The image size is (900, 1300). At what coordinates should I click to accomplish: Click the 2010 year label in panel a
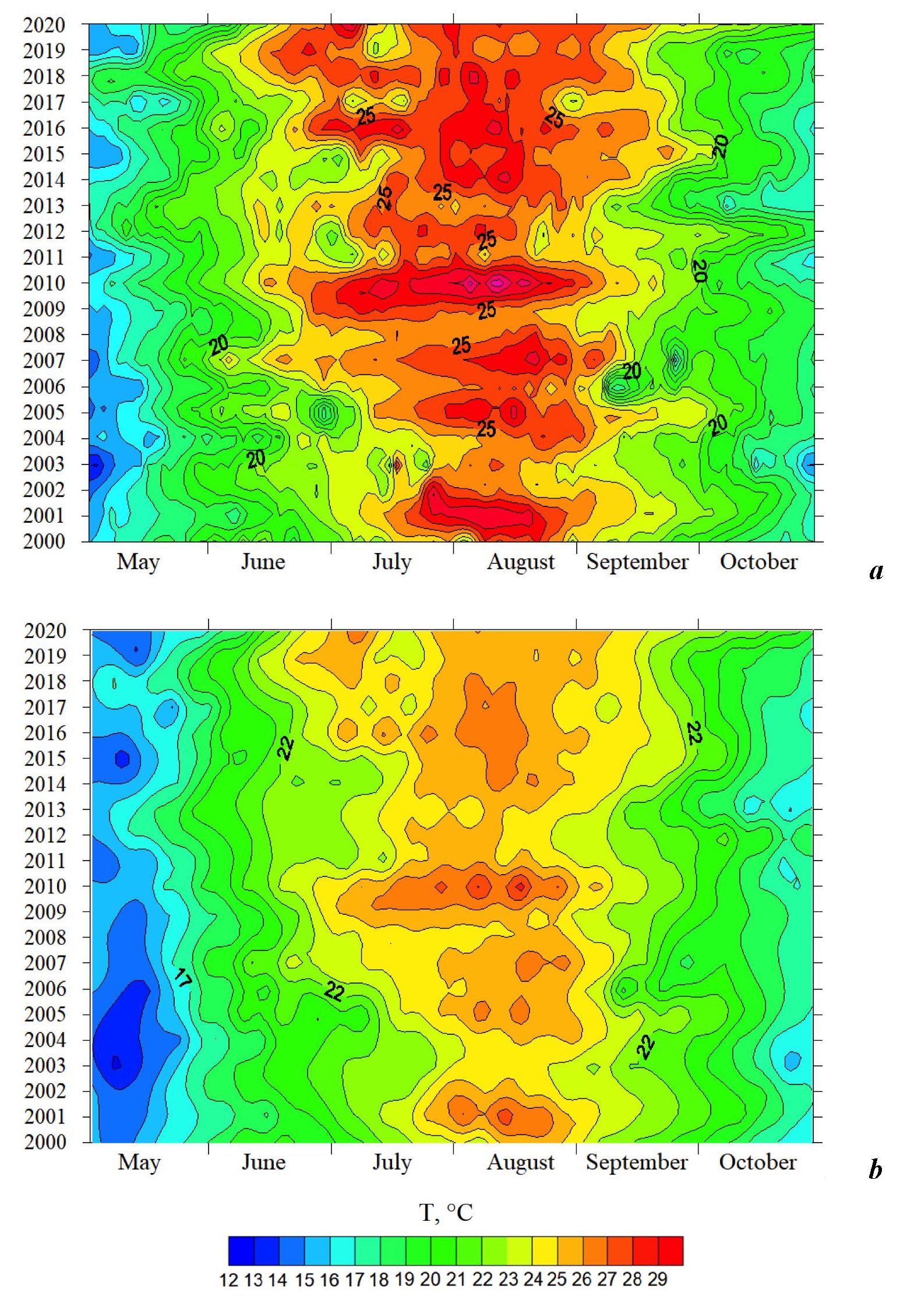[44, 283]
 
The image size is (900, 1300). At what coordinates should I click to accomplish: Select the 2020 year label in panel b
[45, 630]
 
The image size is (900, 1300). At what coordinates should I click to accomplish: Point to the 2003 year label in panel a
[44, 464]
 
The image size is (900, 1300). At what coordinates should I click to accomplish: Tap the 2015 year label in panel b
[45, 759]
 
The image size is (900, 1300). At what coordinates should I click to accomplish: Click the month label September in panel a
[637, 562]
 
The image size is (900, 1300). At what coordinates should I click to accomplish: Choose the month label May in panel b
[139, 1162]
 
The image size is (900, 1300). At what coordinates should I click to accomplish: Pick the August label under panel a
[521, 562]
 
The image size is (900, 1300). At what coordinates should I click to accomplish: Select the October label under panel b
[757, 1162]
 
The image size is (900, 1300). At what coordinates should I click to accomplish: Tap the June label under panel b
[263, 1162]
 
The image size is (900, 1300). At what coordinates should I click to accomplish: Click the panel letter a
[876, 571]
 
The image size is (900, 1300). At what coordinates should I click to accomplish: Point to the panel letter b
[875, 1169]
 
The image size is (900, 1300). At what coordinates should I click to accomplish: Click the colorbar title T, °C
[446, 1213]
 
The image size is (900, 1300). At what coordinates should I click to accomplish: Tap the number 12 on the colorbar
[228, 1280]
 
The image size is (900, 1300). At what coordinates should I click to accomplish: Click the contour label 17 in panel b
[182, 978]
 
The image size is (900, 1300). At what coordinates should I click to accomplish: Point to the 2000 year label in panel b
[45, 1143]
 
